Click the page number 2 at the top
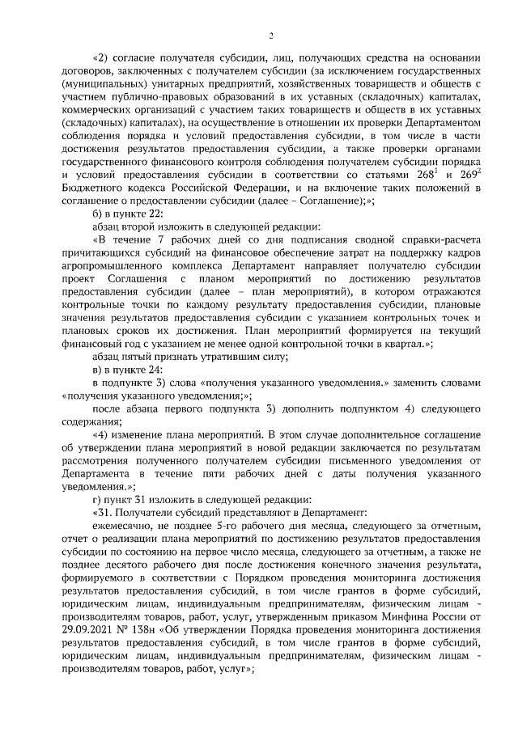pyautogui.click(x=272, y=35)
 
